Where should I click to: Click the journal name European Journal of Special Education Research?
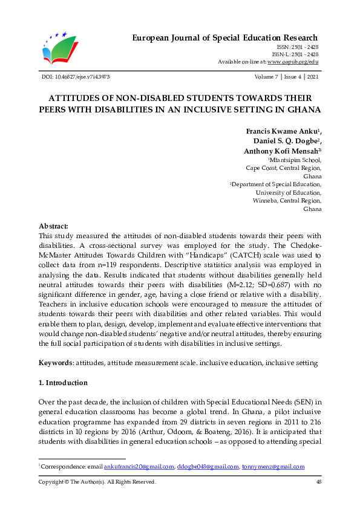click(x=225, y=38)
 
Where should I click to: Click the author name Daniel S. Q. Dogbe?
click(x=284, y=141)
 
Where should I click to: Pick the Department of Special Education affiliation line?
click(x=277, y=184)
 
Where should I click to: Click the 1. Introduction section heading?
click(x=63, y=383)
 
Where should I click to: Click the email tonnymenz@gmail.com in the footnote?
click(x=273, y=467)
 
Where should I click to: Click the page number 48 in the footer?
click(x=318, y=482)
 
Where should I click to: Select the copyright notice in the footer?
click(x=97, y=482)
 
